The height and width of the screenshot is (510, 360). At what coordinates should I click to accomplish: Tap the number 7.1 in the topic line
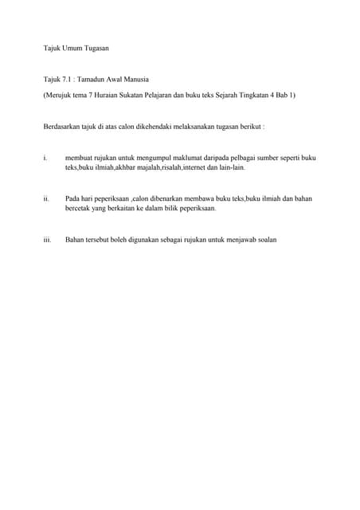coord(66,81)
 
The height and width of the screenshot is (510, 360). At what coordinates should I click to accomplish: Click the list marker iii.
coord(47,238)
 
